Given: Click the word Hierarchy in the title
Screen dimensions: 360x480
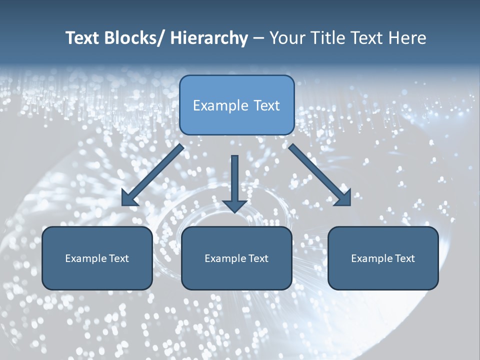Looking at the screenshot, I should click(209, 38).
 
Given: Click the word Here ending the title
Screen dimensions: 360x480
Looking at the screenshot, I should click(405, 38).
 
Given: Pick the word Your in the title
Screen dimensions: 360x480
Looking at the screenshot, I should click(285, 38).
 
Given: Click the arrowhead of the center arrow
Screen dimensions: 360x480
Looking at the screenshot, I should click(234, 205).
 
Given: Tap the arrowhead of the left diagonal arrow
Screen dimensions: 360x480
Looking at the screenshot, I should click(129, 198).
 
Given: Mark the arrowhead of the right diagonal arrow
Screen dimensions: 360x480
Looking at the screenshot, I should click(343, 198).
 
